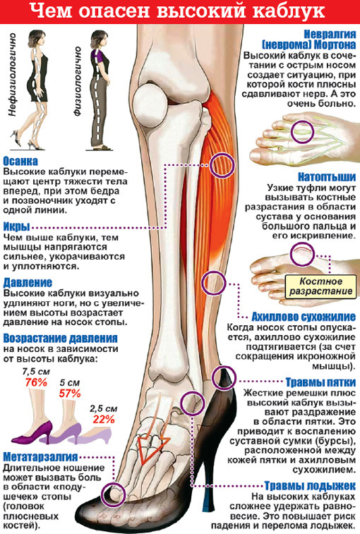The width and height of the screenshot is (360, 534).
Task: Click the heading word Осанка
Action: pos(20,161)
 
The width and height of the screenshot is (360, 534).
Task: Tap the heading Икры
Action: pos(16,227)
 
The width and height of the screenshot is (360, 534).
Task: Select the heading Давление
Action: pos(28,283)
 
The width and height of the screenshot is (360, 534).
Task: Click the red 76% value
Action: pos(36,382)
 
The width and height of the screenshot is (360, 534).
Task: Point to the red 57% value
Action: pos(70,394)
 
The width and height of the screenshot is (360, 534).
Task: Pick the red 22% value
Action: pos(104,419)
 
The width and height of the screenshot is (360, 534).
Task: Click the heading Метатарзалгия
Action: pos(40,457)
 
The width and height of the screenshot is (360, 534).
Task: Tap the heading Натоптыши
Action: pos(327,177)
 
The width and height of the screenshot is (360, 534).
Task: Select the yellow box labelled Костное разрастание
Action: pos(320,286)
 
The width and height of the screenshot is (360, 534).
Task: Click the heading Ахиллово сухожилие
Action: pos(304,317)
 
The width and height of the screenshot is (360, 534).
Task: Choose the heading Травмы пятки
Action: pos(320,382)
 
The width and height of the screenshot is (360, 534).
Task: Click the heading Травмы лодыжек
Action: pos(310,485)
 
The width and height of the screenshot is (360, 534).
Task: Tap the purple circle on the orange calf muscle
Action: pos(222,165)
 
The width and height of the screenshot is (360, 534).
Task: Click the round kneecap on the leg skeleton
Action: pos(150,102)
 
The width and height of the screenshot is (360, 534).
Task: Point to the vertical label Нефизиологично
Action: pos(13,75)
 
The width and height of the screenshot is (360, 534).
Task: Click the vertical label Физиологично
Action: pos(78,81)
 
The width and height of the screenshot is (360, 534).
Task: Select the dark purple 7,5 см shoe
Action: pos(33,432)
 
